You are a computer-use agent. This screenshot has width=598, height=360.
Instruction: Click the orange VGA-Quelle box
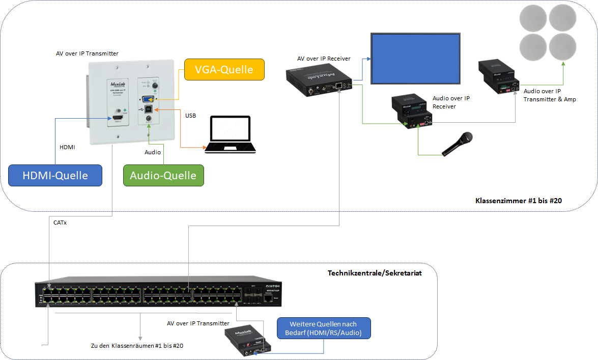224,69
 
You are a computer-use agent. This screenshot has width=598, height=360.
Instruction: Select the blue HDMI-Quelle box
55,175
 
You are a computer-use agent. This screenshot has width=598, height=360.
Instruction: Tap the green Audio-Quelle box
163,175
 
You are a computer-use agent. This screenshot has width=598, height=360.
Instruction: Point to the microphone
457,144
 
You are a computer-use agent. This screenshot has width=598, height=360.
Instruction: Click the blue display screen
415,59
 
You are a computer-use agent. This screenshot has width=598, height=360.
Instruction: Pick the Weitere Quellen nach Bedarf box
324,328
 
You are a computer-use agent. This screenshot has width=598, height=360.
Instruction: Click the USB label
190,116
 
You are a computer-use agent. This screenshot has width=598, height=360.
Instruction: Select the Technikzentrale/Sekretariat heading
375,273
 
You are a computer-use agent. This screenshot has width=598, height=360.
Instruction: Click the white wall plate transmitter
132,102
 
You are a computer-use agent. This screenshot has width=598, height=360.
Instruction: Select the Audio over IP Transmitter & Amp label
550,95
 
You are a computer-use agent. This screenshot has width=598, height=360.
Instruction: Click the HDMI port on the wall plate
119,120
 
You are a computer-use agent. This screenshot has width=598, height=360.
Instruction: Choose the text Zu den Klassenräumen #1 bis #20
136,346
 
